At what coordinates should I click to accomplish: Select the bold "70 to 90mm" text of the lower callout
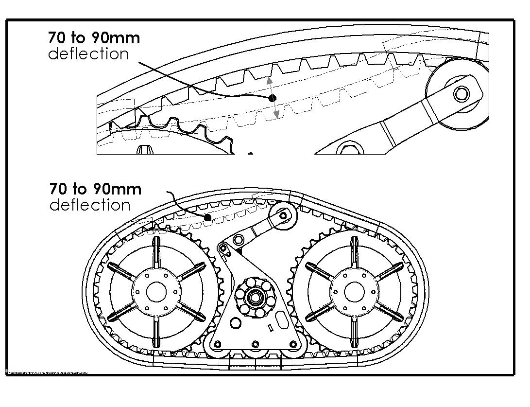click(x=95, y=188)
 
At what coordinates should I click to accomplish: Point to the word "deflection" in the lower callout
click(x=90, y=205)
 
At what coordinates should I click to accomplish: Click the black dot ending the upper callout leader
click(x=273, y=98)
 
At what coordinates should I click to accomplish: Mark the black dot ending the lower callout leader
click(x=207, y=217)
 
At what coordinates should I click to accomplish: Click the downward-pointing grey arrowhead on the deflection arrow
click(x=276, y=115)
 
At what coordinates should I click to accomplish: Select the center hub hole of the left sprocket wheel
click(x=155, y=291)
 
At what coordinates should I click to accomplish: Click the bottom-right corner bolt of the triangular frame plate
click(x=293, y=344)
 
